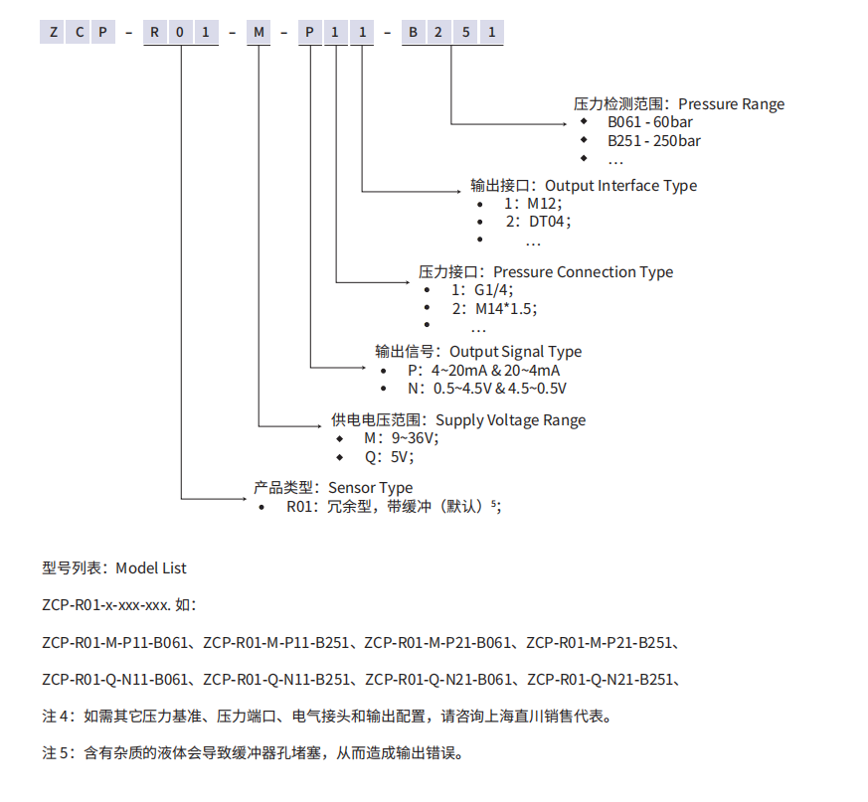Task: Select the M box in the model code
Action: click(x=259, y=33)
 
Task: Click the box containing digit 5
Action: click(x=464, y=33)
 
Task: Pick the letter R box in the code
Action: click(x=155, y=33)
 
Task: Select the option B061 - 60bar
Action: click(x=650, y=122)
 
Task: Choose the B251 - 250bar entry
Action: click(x=654, y=141)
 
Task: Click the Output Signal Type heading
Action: click(x=515, y=352)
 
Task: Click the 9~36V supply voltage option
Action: click(x=414, y=438)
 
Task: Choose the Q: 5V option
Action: click(x=388, y=457)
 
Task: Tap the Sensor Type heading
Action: click(x=370, y=488)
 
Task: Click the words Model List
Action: click(x=151, y=568)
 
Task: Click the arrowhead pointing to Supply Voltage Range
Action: click(x=323, y=426)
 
